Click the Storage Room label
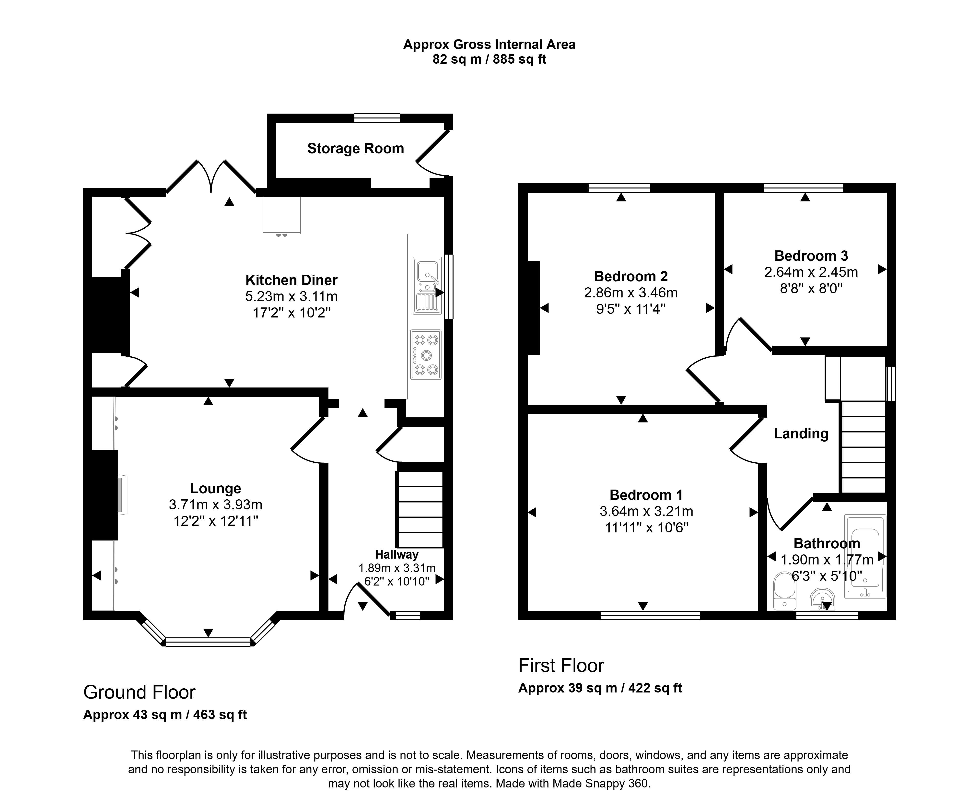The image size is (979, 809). coord(356,149)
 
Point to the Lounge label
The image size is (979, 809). coord(216,488)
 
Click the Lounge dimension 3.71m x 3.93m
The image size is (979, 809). coord(216,505)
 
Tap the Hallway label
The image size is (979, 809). coord(396,555)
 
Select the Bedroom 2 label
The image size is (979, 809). coord(631,276)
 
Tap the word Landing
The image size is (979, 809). coord(801,434)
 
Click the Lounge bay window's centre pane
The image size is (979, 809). coord(208,642)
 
